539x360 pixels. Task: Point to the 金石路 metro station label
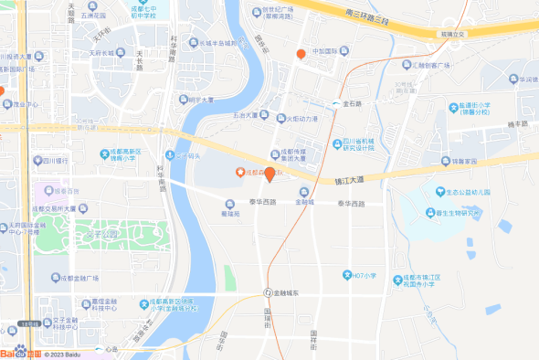352,104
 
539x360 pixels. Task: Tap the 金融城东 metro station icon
268,292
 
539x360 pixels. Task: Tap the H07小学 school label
365,274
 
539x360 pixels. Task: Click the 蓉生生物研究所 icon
428,214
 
